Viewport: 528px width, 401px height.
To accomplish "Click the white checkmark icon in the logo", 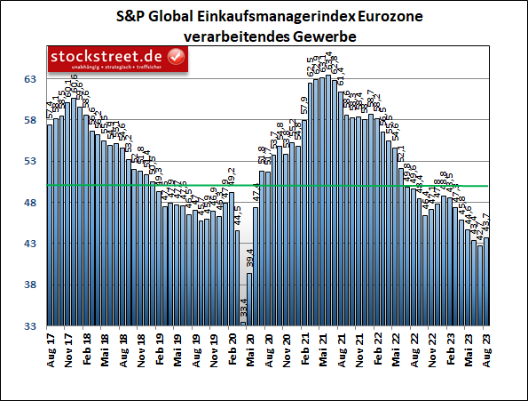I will coord(177,58).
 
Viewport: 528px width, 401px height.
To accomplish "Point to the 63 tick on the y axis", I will coord(28,79).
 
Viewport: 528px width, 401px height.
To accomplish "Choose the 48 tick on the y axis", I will coord(28,203).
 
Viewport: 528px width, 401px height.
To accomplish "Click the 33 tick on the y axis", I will coord(28,326).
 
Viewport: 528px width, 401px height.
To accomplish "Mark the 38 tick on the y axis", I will coord(28,285).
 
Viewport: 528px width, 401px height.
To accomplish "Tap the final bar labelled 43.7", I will coord(485,281).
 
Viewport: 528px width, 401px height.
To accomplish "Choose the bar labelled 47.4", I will coord(256,266).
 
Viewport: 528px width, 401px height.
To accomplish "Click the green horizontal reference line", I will coord(373,186).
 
